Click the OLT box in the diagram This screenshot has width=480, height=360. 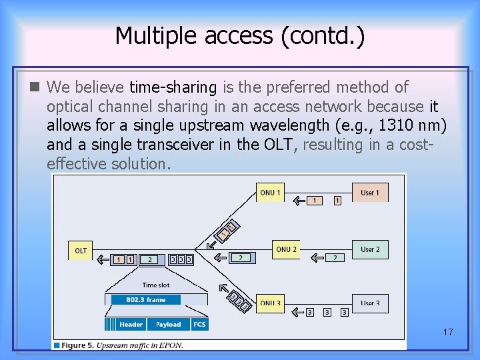pyautogui.click(x=81, y=251)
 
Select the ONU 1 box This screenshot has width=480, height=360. pyautogui.click(x=270, y=193)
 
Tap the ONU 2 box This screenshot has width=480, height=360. pyautogui.click(x=285, y=249)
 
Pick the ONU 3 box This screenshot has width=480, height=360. pyautogui.click(x=270, y=303)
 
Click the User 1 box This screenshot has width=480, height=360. pyautogui.click(x=369, y=193)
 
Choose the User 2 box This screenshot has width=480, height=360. pyautogui.click(x=369, y=249)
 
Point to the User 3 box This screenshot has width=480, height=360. pyautogui.click(x=369, y=303)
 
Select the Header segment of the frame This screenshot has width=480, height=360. pyautogui.click(x=131, y=325)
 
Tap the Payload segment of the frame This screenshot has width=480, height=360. pyautogui.click(x=168, y=325)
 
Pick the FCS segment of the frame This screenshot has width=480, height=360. pyautogui.click(x=199, y=325)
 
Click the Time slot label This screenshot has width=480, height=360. pyautogui.click(x=155, y=285)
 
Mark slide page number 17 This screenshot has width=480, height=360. pyautogui.click(x=447, y=331)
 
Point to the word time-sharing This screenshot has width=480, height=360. pyautogui.click(x=173, y=87)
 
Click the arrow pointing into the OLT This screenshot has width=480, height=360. pyautogui.click(x=101, y=259)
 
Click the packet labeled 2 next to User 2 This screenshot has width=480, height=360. pyautogui.click(x=335, y=257)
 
